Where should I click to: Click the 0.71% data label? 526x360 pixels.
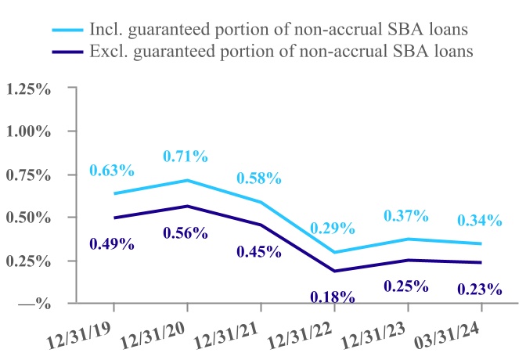coord(186,157)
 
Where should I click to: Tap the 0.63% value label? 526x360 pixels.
coord(112,171)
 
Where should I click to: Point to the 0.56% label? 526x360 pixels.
coord(186,232)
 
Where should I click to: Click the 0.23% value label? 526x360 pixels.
coord(480,290)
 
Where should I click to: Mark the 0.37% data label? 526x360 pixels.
coord(406,215)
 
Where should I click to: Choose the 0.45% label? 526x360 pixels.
coord(259,251)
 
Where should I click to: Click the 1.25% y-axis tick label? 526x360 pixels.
coord(27,89)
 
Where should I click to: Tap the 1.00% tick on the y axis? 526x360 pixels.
coord(27,131)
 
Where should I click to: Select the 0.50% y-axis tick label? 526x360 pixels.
coord(27,217)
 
